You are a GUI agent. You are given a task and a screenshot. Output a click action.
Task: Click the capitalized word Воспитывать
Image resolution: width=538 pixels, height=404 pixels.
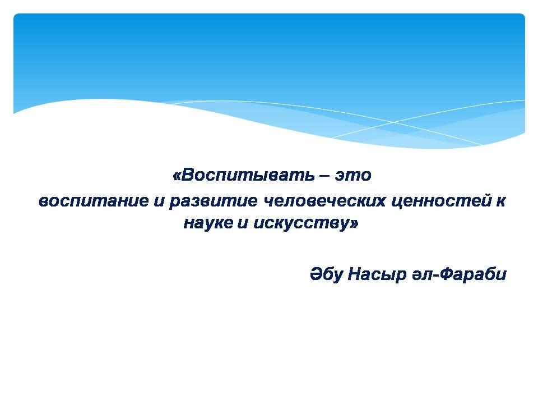click(x=247, y=175)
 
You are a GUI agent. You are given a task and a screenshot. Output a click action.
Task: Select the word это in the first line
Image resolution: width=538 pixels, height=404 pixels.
click(x=354, y=176)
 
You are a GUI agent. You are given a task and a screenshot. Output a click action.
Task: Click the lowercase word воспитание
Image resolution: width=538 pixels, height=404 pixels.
click(x=94, y=201)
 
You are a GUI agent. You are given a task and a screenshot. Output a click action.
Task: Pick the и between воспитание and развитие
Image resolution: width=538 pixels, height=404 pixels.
click(x=159, y=201)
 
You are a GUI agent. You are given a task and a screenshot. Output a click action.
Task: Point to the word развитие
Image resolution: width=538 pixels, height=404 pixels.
click(x=213, y=201)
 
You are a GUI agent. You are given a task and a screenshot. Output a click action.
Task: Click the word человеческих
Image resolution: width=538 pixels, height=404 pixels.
click(x=324, y=201)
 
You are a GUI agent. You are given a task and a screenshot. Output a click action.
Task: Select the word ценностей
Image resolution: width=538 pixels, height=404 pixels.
click(x=440, y=201)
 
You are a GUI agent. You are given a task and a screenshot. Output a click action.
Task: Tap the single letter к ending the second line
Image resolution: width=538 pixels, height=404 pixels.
click(x=500, y=201)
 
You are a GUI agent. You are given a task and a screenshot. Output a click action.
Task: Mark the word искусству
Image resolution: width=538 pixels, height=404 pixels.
click(x=301, y=224)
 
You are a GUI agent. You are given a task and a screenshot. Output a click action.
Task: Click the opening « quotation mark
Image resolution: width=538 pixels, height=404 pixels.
click(x=176, y=176)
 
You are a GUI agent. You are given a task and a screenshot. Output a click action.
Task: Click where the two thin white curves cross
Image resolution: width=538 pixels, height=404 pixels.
click(x=393, y=122)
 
